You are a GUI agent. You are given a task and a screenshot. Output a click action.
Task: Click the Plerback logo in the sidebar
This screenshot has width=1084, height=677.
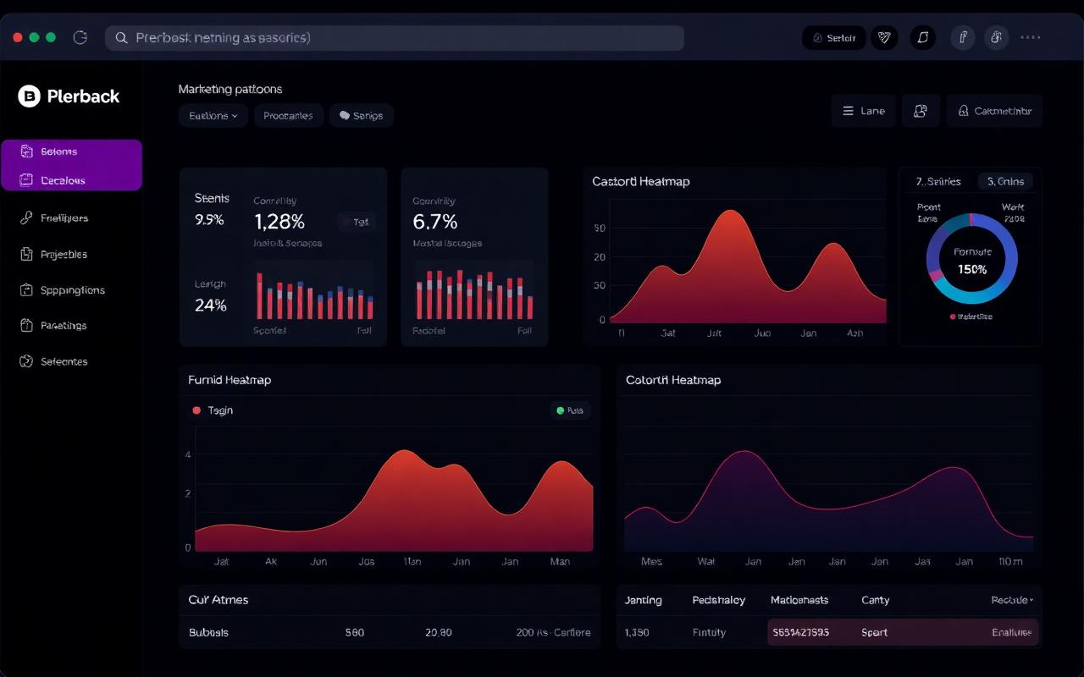click(69, 96)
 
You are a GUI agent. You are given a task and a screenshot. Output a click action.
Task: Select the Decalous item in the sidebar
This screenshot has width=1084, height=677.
click(64, 180)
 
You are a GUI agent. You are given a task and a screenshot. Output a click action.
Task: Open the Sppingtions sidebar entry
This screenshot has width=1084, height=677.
click(72, 290)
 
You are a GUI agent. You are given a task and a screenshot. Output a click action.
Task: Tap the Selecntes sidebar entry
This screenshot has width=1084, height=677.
click(64, 361)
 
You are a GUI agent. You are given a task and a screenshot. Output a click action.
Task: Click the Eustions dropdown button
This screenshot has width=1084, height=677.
click(213, 116)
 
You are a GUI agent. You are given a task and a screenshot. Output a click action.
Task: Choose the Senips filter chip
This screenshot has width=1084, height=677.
click(362, 116)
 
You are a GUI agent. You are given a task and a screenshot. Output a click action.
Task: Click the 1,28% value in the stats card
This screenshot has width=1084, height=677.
click(279, 222)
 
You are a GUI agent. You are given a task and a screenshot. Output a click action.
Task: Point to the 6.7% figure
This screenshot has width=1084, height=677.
click(434, 222)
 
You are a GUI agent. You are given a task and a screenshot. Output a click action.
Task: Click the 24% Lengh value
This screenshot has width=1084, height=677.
click(210, 305)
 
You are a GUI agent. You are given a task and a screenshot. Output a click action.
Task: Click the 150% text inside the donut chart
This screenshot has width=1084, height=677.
click(971, 269)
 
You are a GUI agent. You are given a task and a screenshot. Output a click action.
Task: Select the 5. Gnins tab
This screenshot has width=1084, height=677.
click(1005, 181)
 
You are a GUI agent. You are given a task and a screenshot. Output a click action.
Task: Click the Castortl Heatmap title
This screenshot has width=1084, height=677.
click(640, 181)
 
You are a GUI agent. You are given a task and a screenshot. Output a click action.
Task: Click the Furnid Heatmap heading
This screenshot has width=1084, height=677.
click(230, 380)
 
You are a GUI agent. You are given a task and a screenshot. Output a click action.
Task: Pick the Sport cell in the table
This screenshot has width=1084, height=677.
click(875, 632)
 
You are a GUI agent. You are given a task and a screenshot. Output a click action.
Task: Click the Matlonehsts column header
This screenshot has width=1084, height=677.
click(799, 600)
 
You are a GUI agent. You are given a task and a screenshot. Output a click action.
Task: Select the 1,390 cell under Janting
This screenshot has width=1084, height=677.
click(636, 632)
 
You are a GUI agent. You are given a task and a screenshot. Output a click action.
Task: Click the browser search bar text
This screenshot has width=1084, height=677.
click(223, 38)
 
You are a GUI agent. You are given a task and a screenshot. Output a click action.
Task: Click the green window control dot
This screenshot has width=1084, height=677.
click(51, 37)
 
